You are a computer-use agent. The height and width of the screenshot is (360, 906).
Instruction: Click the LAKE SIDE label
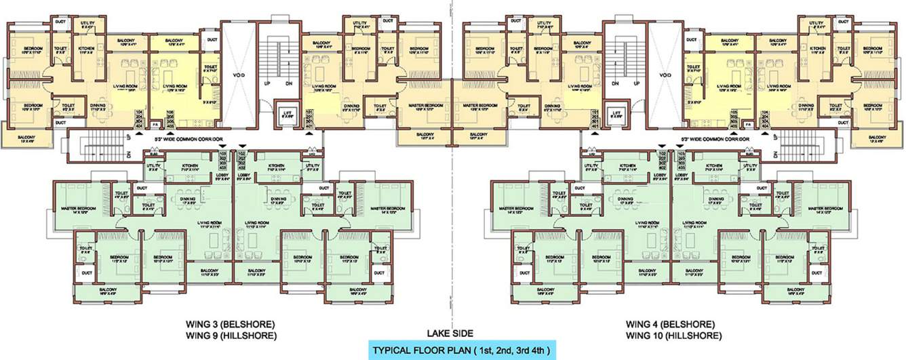click(x=450, y=334)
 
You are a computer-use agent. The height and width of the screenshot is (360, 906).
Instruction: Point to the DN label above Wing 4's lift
click(x=616, y=83)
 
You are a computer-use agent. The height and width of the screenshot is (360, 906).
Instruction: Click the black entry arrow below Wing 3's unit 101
click(x=310, y=133)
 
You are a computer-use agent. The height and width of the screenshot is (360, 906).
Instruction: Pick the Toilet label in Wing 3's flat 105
click(x=208, y=68)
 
